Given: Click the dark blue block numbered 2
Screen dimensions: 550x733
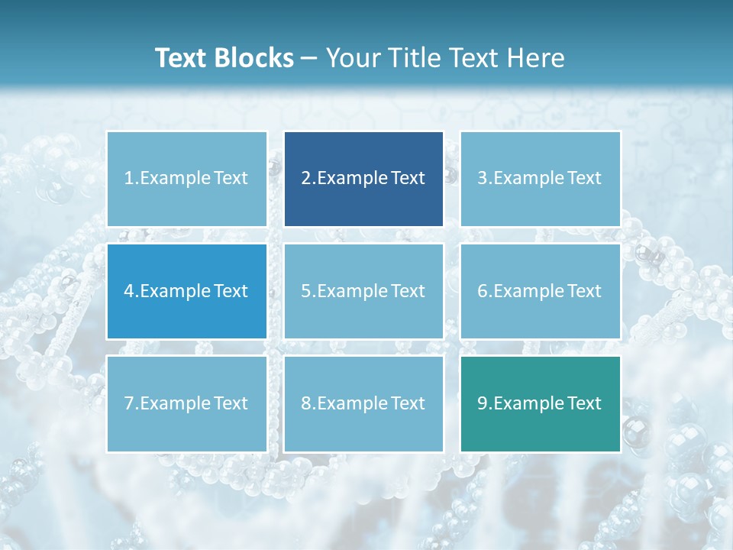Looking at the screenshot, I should pyautogui.click(x=363, y=179).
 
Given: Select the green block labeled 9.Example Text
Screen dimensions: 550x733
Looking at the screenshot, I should pyautogui.click(x=540, y=403).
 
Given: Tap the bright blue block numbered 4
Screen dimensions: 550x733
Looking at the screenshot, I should pyautogui.click(x=186, y=291).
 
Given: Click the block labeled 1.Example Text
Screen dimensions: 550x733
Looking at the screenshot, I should pyautogui.click(x=186, y=179).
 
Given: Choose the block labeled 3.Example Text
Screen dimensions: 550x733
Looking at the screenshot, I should pyautogui.click(x=540, y=179).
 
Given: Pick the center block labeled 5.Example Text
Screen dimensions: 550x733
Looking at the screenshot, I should pyautogui.click(x=363, y=291).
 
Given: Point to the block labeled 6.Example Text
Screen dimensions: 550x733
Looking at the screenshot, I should pyautogui.click(x=540, y=291).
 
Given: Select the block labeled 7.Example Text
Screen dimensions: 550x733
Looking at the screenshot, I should pyautogui.click(x=186, y=403).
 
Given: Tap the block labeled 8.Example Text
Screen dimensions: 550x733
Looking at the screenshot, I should pyautogui.click(x=363, y=403).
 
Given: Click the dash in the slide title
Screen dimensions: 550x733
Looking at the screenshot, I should pyautogui.click(x=310, y=59).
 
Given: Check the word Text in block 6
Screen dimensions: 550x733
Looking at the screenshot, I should pyautogui.click(x=585, y=291).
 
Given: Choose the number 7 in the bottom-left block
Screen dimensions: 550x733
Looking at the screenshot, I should pyautogui.click(x=129, y=403).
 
